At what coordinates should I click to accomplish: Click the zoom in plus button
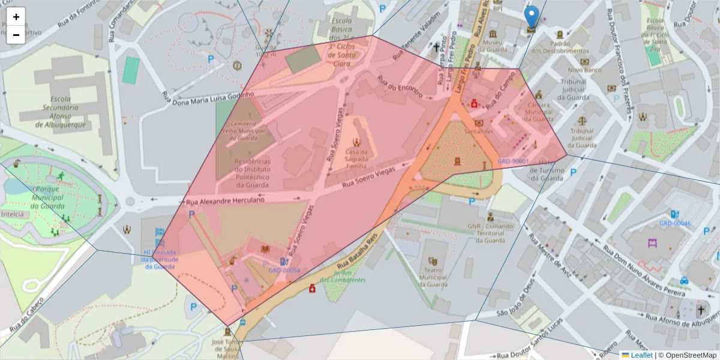(16, 17)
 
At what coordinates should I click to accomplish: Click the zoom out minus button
(16, 35)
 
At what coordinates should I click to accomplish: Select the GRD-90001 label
(513, 161)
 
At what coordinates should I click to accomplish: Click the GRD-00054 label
(284, 271)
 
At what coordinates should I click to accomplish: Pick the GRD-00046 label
(675, 223)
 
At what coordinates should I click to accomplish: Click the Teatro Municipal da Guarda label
(432, 278)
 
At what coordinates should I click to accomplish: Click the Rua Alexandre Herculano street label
(225, 202)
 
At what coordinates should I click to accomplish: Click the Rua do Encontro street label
(400, 88)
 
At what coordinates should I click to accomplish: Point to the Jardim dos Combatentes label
(342, 276)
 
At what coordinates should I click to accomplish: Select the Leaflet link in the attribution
(641, 355)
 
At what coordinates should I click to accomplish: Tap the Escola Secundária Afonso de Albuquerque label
(59, 112)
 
